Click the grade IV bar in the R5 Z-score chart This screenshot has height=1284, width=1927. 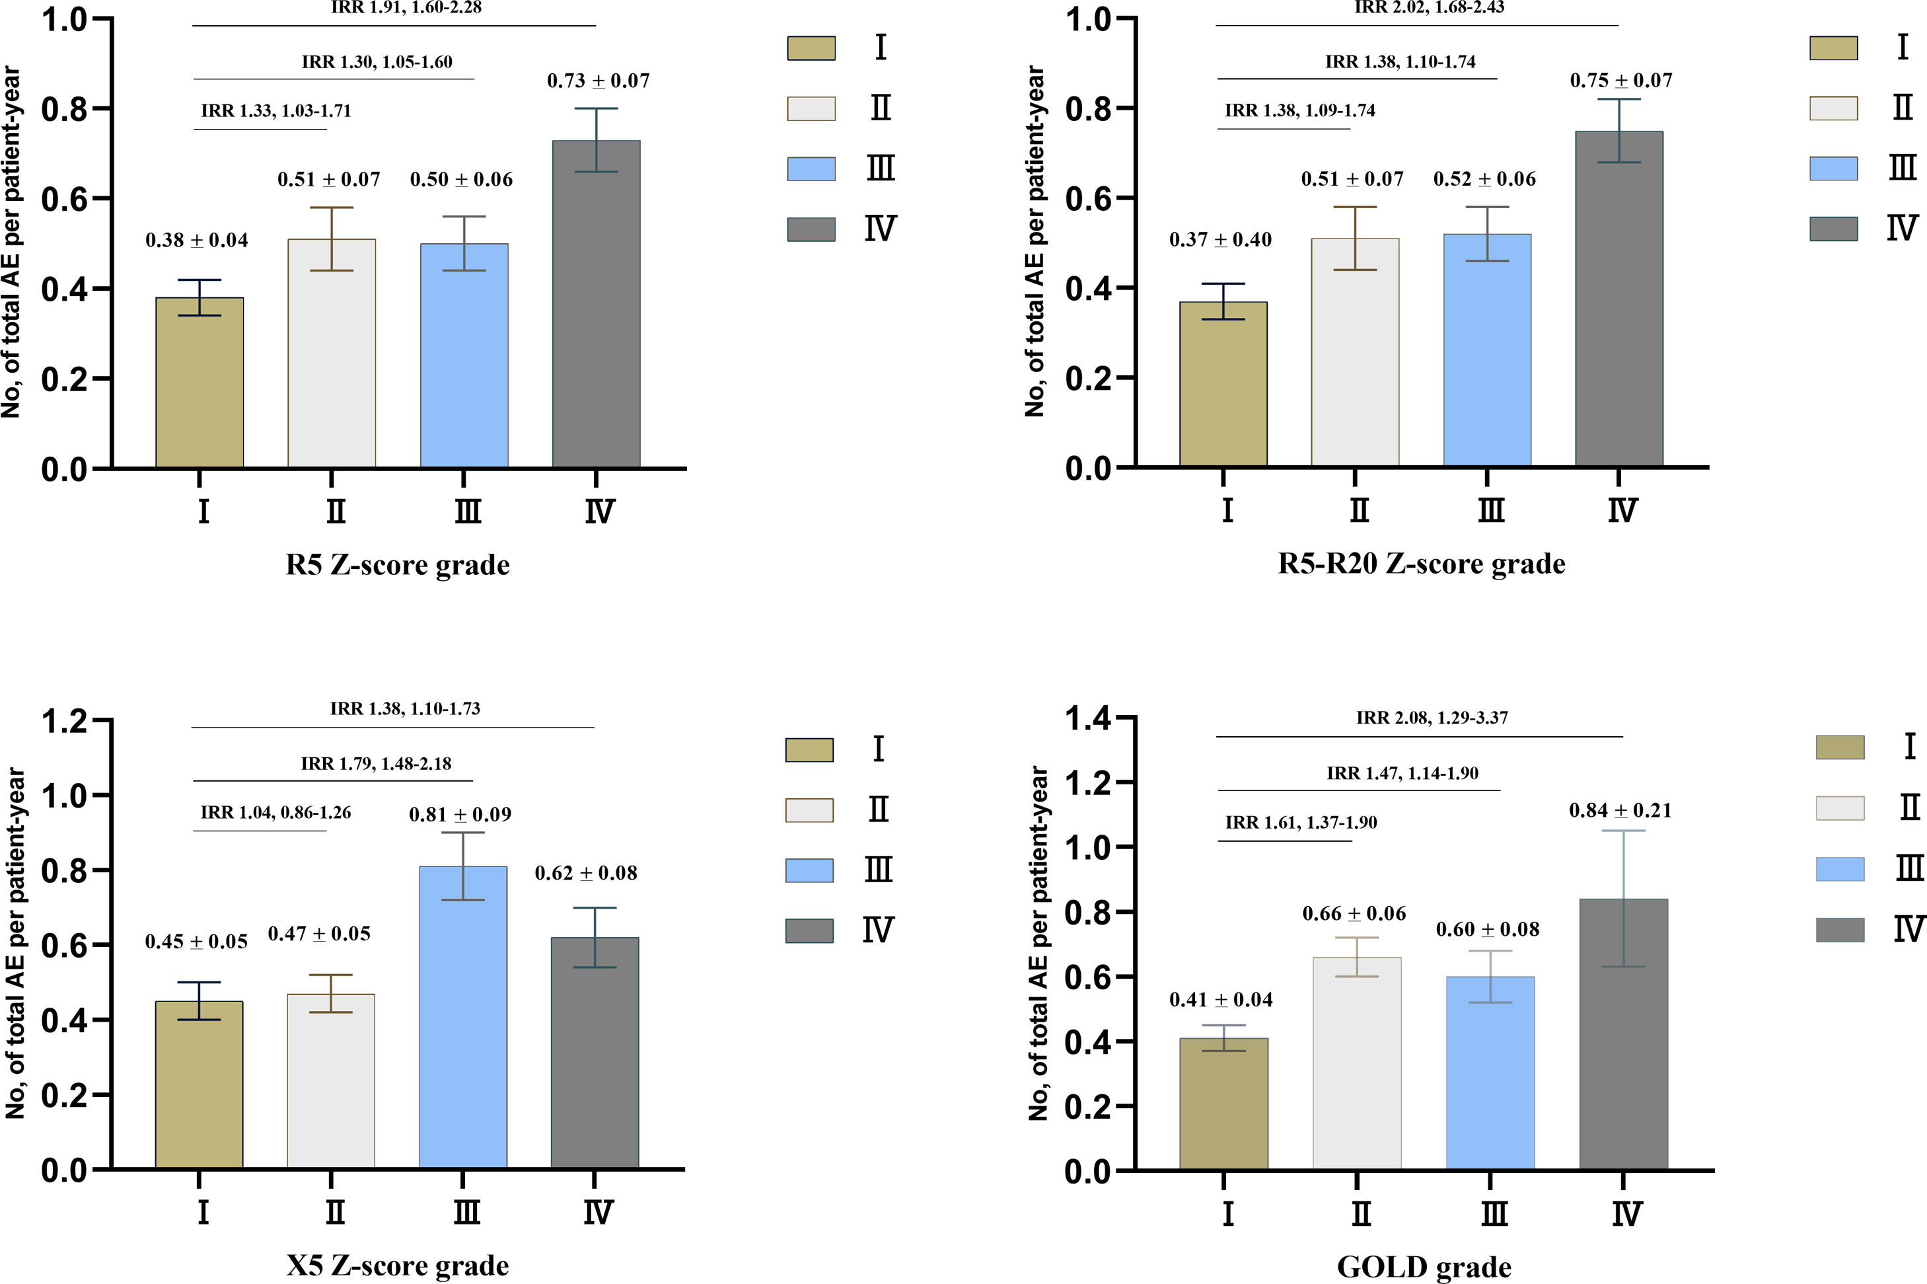pos(596,304)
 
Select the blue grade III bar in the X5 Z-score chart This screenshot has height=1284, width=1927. pos(462,1017)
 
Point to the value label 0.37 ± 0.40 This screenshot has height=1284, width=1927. pos(1219,240)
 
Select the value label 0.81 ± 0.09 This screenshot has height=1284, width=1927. pos(460,814)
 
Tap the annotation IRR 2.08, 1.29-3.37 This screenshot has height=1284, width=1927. pos(1432,718)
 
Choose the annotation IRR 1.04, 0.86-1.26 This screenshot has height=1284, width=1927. pos(276,812)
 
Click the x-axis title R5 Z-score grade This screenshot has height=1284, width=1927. pos(397,565)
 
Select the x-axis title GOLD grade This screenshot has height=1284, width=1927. pos(1424,1267)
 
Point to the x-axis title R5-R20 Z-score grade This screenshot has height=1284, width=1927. pos(1421,564)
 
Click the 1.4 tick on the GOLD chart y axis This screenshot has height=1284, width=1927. pos(1088,719)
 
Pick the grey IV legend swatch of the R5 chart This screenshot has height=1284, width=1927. pos(811,229)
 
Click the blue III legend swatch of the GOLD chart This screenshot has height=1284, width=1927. pos(1839,869)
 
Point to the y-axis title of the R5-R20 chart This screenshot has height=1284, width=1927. pos(1036,243)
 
